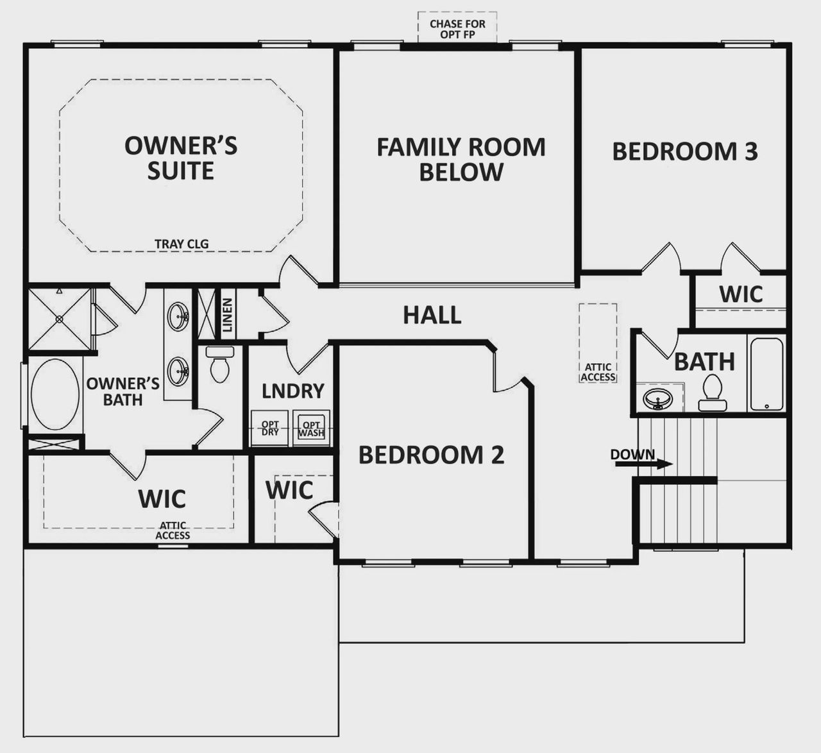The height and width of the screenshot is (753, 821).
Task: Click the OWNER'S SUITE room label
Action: (181, 158)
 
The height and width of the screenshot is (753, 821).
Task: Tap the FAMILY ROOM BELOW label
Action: (461, 159)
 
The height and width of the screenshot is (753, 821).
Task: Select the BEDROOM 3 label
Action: (684, 151)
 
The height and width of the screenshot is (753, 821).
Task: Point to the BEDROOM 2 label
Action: (431, 455)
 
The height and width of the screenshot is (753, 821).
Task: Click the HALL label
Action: (432, 315)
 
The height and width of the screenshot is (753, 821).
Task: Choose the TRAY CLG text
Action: (182, 244)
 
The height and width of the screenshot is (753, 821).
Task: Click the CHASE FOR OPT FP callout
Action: (457, 28)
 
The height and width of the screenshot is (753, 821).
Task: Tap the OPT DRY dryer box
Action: (270, 428)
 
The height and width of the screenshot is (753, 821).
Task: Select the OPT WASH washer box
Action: (311, 428)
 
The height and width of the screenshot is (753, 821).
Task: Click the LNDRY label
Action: (292, 391)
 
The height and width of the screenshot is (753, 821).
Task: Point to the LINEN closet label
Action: (227, 314)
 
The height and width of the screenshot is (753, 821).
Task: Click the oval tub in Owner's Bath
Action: (55, 394)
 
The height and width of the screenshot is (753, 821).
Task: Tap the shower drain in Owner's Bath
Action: (59, 318)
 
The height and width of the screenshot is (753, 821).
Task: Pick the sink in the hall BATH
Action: (656, 399)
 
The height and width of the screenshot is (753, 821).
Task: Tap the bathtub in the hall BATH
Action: (766, 375)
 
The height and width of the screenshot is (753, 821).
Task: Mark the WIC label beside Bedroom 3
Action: (741, 294)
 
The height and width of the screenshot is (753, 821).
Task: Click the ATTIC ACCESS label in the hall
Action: (598, 372)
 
